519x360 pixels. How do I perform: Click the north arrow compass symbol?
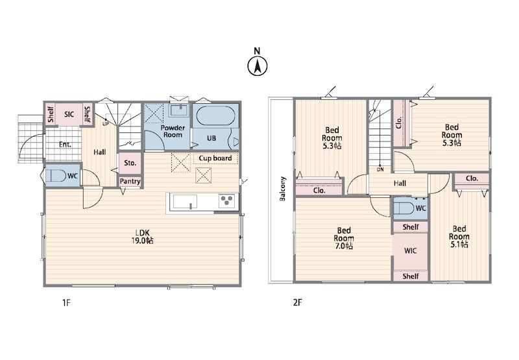(257, 66)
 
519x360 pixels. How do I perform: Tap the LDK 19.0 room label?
(142, 236)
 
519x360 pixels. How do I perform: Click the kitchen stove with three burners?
(227, 201)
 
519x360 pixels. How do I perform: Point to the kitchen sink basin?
(185, 202)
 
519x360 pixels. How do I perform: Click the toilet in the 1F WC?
(56, 176)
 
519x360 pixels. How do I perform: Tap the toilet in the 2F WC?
(404, 208)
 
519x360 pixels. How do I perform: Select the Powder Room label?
(173, 131)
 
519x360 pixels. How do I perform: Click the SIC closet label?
(69, 114)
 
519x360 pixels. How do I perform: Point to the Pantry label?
(130, 182)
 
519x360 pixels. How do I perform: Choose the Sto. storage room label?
(130, 163)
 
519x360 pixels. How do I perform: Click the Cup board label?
(215, 158)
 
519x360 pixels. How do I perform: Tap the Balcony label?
(283, 189)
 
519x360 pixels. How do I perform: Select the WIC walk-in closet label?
(411, 251)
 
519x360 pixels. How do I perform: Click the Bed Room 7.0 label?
(344, 238)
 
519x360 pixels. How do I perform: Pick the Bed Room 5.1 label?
(459, 237)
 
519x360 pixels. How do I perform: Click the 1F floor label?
(67, 302)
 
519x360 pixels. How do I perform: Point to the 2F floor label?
(297, 302)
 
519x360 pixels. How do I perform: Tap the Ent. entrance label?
(65, 145)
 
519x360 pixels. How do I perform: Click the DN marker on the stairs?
(380, 169)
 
